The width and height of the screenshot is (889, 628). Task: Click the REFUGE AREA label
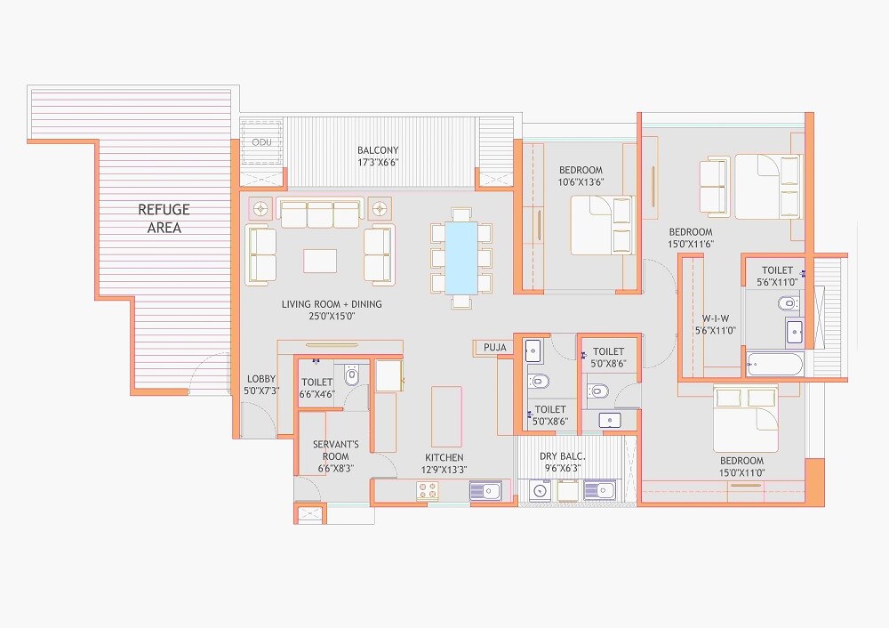164,219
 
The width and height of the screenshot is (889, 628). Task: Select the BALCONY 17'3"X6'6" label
378,157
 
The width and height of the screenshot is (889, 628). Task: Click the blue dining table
461,257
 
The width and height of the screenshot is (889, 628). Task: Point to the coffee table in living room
320,261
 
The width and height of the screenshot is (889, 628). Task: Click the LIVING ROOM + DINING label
332,310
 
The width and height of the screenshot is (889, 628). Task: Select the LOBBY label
261,384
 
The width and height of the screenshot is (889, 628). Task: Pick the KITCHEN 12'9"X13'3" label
444,463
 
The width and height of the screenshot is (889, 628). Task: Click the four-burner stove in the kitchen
428,489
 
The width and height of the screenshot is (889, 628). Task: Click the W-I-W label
715,324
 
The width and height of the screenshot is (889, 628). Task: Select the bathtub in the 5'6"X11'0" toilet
774,364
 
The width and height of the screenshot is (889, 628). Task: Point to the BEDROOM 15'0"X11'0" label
742,467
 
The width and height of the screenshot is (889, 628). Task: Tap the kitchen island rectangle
446,416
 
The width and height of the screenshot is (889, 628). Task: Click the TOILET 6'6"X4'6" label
316,388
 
